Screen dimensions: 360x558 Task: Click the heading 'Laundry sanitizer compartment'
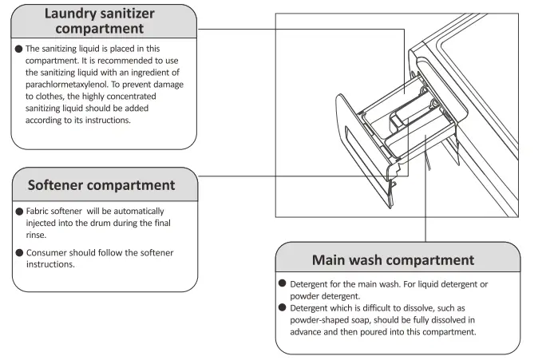coord(105,21)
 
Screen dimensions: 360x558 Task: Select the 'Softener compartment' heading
coord(101,185)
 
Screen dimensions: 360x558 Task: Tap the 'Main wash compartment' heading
coord(393,260)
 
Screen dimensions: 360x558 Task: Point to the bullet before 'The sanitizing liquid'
coord(18,49)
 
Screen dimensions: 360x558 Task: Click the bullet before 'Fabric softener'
coord(18,212)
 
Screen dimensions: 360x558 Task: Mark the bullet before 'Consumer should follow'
coord(18,253)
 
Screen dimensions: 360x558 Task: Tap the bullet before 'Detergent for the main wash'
coord(282,284)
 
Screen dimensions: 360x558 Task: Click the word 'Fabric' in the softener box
coord(41,212)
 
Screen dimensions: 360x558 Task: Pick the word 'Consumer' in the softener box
coord(49,253)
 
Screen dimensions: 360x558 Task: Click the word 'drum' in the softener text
coord(93,224)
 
